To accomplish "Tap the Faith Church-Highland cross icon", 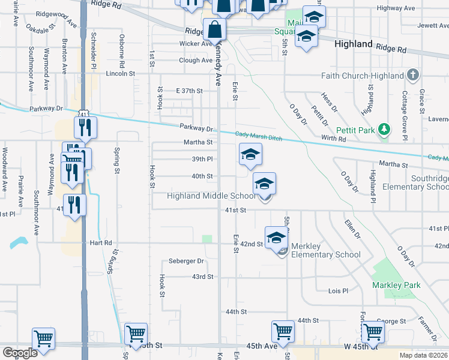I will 412,76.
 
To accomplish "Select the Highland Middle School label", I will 211,196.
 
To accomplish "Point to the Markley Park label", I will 396,285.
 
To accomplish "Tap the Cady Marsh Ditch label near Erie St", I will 258,137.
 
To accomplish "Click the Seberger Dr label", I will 187,261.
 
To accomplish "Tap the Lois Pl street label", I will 338,291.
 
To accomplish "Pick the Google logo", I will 20,353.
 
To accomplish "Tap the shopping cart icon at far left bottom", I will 43,338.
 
